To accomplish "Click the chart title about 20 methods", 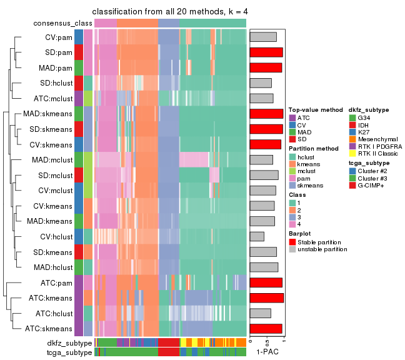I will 169,12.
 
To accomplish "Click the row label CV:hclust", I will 55,236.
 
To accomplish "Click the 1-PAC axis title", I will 267,352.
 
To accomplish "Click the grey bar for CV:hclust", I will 257,236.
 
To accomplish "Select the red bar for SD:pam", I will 266,52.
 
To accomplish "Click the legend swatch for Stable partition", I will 291,242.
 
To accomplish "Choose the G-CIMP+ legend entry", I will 372,186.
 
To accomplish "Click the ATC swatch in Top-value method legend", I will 291,117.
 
